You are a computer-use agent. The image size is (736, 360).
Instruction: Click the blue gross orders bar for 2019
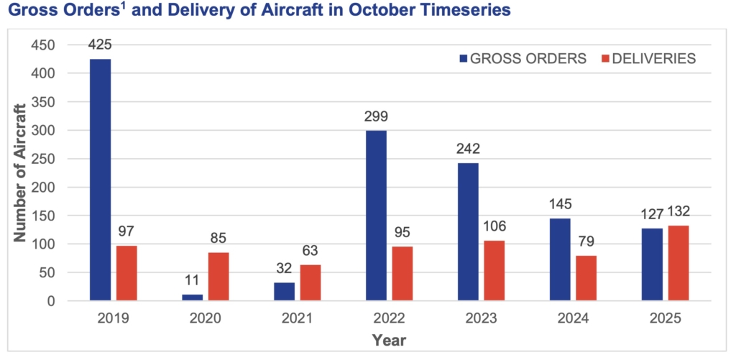click(101, 180)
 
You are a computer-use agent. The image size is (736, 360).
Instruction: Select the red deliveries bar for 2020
click(219, 277)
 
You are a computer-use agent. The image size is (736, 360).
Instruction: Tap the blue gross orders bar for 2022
click(377, 216)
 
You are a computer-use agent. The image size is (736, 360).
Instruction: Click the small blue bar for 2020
click(193, 297)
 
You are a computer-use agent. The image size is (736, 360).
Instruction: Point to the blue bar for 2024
click(561, 259)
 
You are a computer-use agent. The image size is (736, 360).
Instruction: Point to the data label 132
click(679, 213)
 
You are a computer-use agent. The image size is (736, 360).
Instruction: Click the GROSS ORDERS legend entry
click(521, 59)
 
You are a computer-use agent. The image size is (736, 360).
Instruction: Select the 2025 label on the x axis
click(666, 317)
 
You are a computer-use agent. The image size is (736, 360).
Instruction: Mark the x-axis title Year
click(389, 339)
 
